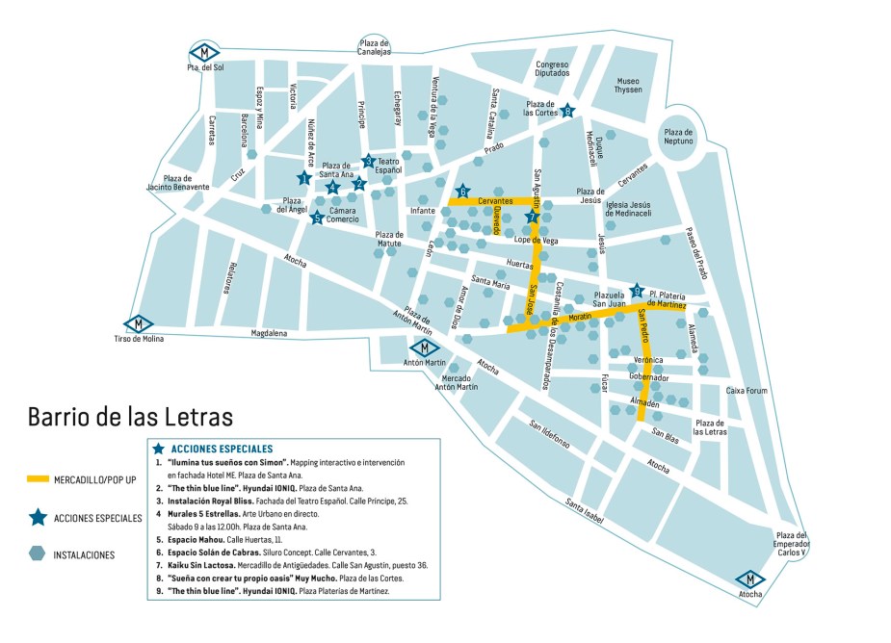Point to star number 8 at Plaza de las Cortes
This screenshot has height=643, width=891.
(567, 111)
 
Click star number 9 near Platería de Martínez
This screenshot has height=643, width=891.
(636, 291)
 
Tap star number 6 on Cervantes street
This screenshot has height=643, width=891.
(462, 192)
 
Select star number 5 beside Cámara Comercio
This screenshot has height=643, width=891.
(317, 218)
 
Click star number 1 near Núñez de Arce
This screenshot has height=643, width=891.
(303, 177)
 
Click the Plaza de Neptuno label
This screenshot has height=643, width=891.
(678, 137)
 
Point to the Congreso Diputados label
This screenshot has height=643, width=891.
(553, 69)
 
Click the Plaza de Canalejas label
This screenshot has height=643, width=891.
(374, 47)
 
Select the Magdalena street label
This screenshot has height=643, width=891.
(269, 334)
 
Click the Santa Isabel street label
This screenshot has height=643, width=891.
(585, 512)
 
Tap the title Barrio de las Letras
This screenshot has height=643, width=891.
(131, 418)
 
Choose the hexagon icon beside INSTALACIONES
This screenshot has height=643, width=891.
(38, 553)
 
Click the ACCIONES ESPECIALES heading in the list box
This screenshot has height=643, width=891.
(222, 449)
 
